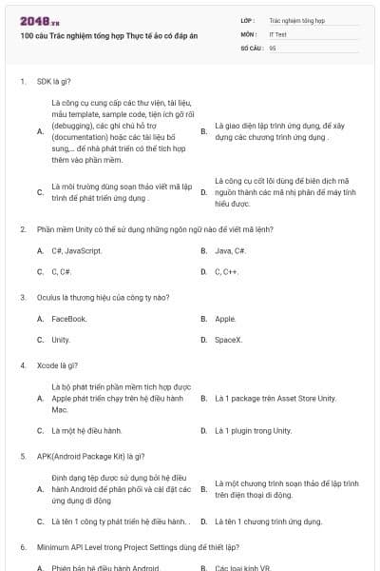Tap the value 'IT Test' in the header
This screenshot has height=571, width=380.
(x=279, y=33)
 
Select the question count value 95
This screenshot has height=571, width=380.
(x=273, y=47)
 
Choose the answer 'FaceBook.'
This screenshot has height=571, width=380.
(x=69, y=319)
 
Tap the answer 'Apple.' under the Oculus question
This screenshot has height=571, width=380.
(x=226, y=319)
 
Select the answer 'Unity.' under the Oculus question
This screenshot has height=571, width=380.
(x=61, y=340)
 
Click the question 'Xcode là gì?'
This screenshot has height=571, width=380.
(x=58, y=364)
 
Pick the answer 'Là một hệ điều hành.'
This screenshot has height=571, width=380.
(x=86, y=430)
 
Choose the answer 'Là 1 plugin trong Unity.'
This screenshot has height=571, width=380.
(x=254, y=430)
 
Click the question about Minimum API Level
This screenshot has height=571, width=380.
(x=138, y=547)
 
